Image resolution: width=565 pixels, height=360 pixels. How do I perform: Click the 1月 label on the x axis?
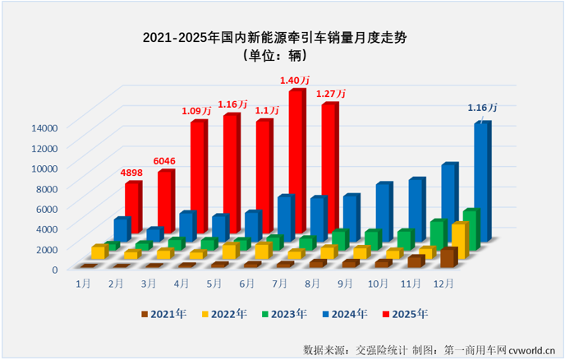tap(83, 283)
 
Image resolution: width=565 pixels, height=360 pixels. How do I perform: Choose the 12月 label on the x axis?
tap(444, 283)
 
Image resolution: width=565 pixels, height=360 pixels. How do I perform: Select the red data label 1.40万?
tap(294, 81)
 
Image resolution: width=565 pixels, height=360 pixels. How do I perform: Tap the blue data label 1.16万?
tap(481, 108)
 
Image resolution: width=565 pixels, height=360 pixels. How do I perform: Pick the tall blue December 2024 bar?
tap(481, 181)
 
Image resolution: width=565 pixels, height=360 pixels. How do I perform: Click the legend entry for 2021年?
tap(163, 313)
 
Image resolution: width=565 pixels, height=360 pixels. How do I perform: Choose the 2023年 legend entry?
tap(283, 313)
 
